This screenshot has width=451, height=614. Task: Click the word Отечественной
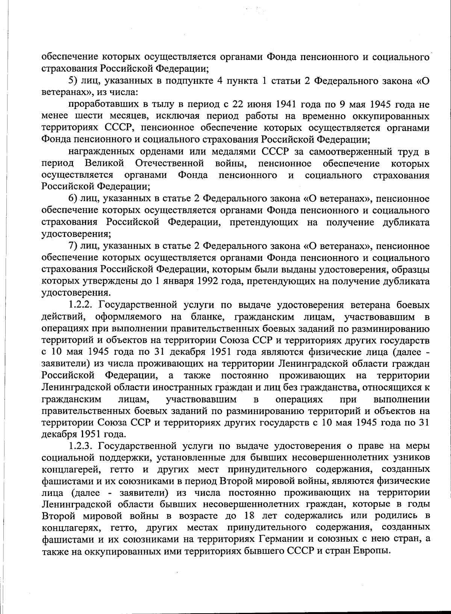(x=170, y=163)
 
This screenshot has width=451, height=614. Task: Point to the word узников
(x=413, y=458)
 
